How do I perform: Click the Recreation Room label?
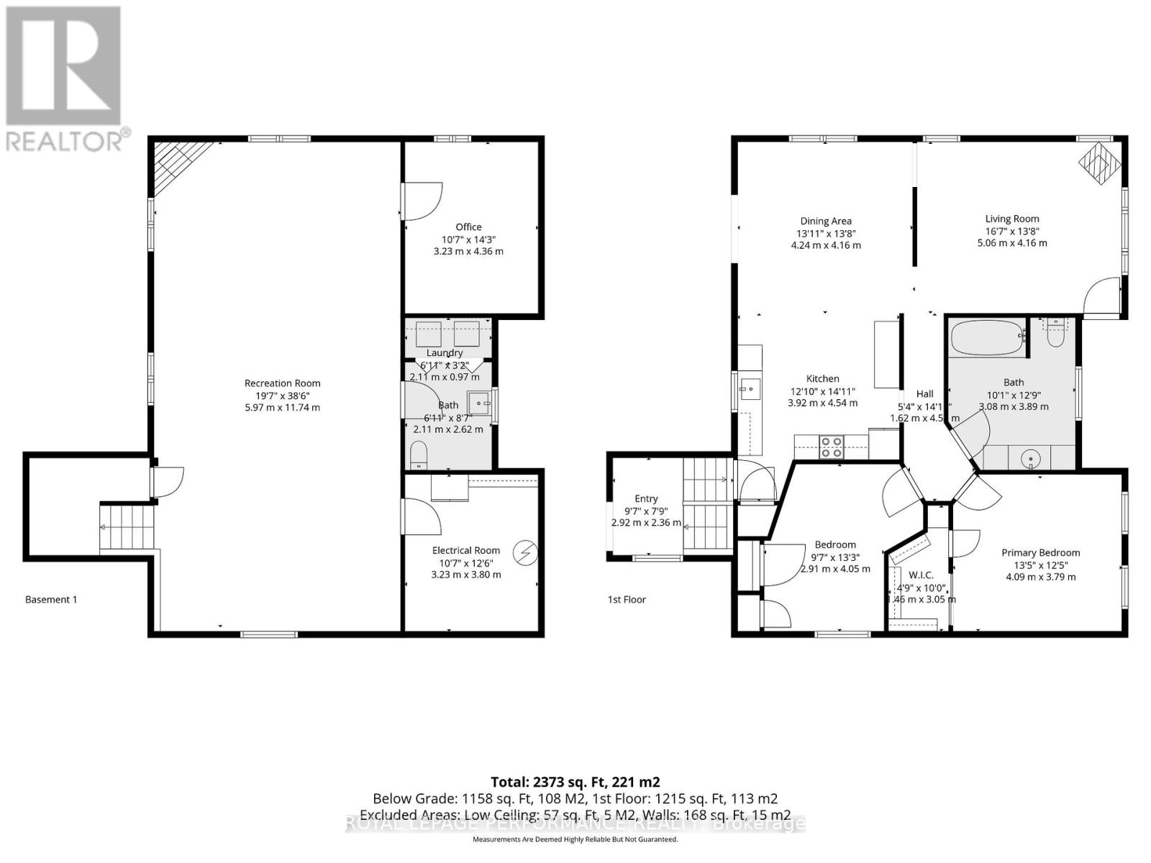282,383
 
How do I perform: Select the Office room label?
468,227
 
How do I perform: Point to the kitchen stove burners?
832,447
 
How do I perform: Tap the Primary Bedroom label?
1040,553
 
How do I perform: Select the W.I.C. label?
921,575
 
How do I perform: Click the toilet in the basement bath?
418,455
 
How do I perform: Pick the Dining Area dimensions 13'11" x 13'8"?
825,233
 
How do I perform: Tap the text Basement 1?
51,599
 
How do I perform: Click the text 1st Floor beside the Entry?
627,599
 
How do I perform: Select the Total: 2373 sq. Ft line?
575,782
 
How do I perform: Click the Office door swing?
422,201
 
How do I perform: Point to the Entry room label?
646,498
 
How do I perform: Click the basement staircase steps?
127,526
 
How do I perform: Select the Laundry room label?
445,353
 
